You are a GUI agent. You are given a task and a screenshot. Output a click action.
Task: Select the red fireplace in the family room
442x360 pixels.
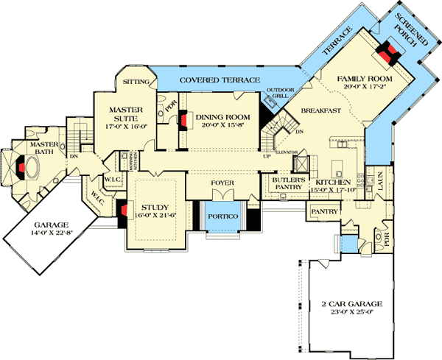387,52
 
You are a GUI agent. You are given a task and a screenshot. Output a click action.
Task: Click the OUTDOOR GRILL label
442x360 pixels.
279,93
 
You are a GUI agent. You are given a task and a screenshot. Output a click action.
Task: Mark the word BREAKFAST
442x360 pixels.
319,110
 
